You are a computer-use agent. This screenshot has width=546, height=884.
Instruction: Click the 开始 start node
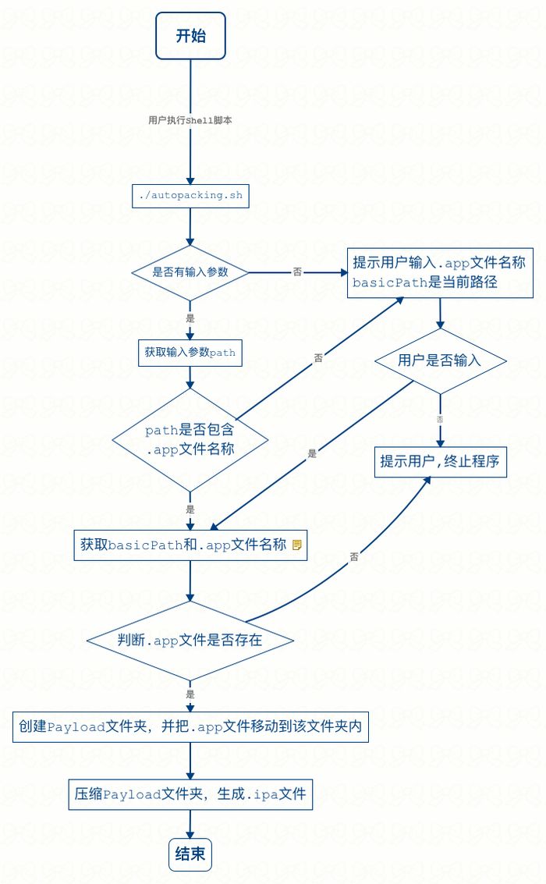(x=190, y=36)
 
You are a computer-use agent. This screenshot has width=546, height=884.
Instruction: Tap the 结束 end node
(x=190, y=854)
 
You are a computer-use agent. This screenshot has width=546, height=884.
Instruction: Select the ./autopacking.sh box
(x=190, y=196)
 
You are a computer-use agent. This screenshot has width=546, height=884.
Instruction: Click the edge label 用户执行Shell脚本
(x=190, y=120)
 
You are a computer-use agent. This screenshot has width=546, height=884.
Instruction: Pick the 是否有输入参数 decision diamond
(x=190, y=272)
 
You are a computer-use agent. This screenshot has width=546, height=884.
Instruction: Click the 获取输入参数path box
(x=190, y=352)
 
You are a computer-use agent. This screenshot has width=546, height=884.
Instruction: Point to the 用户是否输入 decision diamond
(x=440, y=360)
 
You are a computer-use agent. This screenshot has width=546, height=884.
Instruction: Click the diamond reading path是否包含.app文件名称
(x=190, y=440)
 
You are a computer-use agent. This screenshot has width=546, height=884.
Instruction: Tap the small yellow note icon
(x=296, y=545)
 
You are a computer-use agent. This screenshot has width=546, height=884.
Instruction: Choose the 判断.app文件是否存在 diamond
(x=190, y=641)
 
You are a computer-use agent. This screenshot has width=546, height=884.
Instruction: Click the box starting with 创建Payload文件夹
(x=190, y=726)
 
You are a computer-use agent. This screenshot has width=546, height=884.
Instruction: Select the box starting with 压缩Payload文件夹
(x=190, y=795)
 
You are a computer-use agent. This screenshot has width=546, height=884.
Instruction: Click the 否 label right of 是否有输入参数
(x=297, y=272)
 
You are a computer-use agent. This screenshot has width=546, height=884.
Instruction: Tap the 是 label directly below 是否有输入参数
(x=190, y=318)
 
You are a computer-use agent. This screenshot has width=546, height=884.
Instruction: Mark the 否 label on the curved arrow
(x=354, y=557)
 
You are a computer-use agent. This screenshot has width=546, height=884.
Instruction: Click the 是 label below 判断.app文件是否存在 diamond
(x=190, y=694)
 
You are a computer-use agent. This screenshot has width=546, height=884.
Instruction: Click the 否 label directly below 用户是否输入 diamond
(x=440, y=419)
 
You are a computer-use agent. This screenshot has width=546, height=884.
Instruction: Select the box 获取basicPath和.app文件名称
(x=184, y=545)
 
